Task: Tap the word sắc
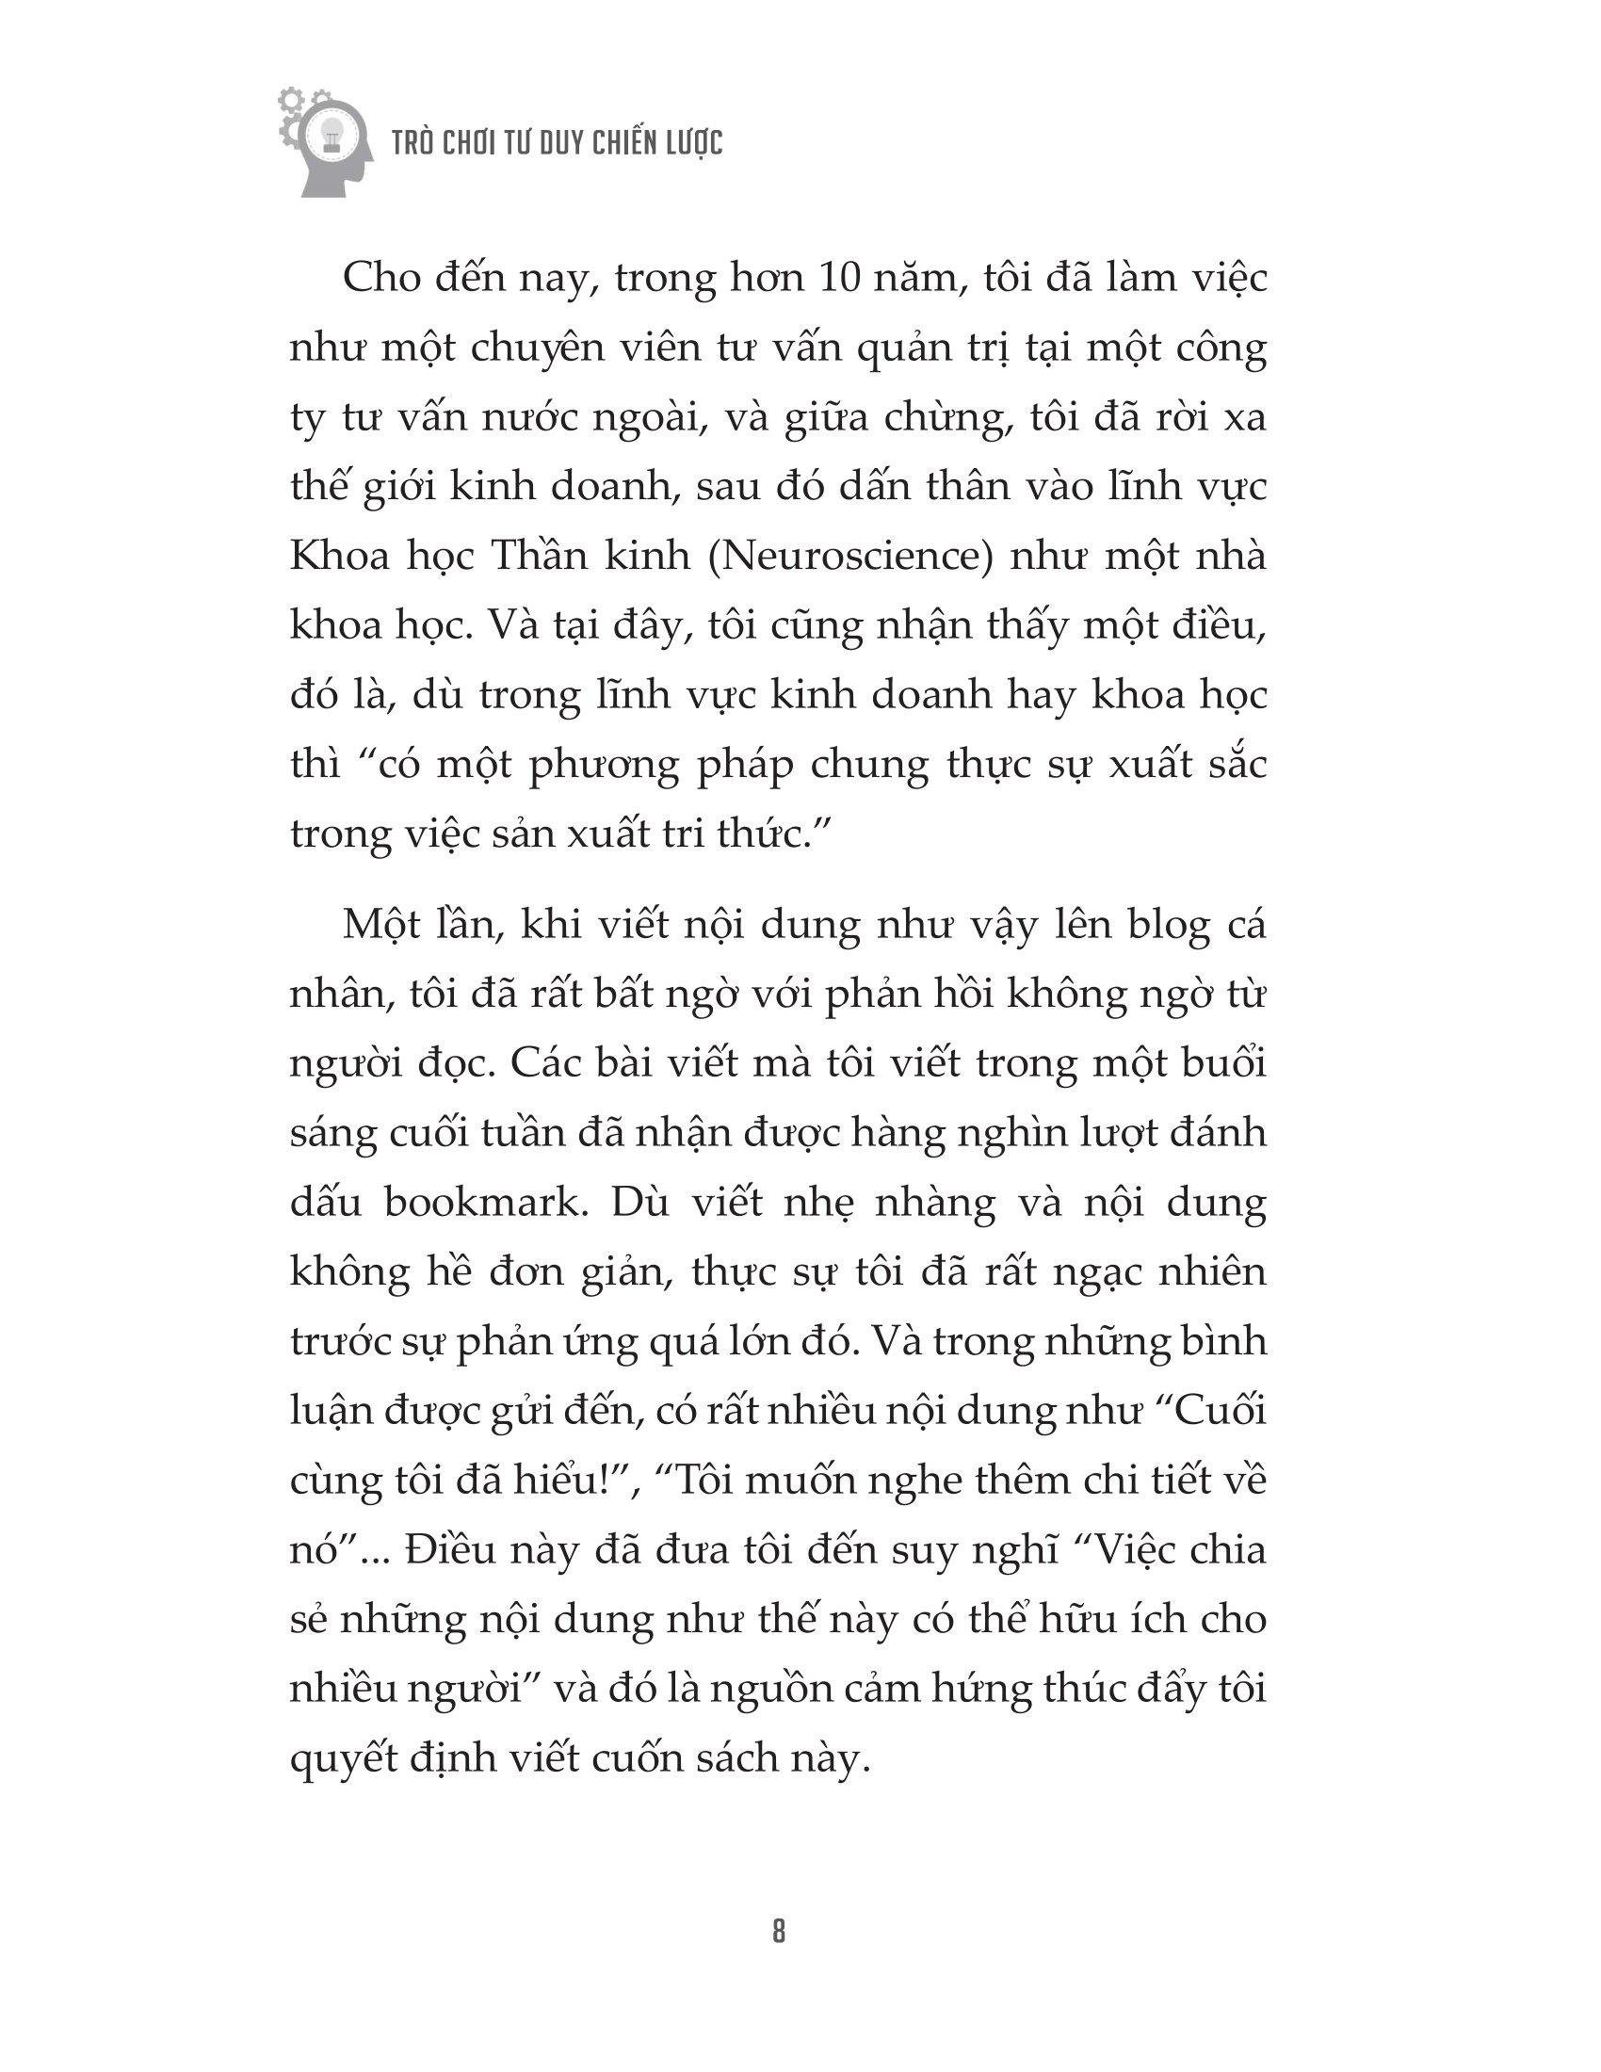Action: click(x=1235, y=765)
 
